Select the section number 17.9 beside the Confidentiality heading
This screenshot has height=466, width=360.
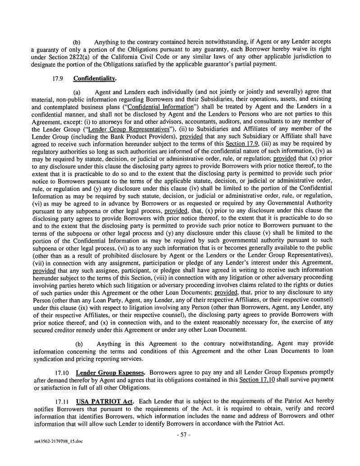(57, 79)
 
